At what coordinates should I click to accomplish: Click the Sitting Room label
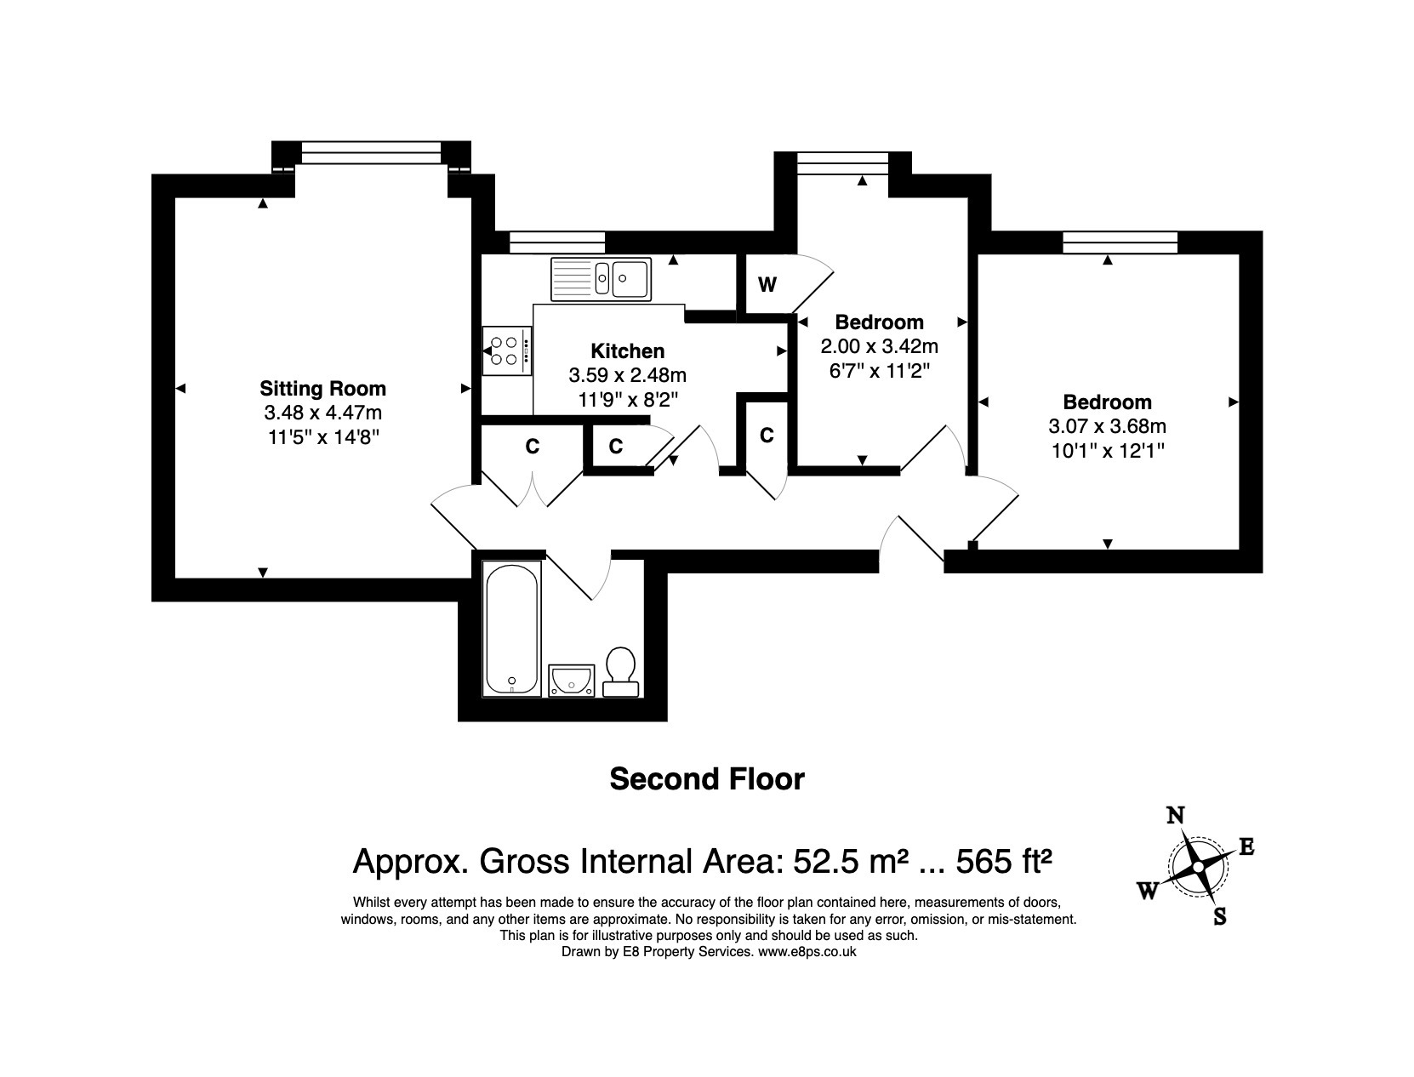(322, 389)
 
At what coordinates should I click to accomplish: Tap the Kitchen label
(627, 351)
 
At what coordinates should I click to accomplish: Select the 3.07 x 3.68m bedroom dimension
(1108, 426)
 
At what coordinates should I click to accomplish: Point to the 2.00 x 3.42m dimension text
(880, 346)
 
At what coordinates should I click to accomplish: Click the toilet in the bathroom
(621, 672)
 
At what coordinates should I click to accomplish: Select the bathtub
(512, 630)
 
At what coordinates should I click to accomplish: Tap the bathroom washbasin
(572, 681)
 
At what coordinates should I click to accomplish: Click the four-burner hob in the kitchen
(507, 351)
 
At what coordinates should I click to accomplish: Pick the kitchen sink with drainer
(601, 279)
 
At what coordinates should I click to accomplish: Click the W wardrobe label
(767, 284)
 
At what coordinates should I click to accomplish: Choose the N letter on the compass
(1176, 816)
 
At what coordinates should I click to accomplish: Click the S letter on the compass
(1219, 916)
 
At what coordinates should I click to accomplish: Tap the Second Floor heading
(707, 779)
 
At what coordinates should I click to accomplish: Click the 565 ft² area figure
(1004, 861)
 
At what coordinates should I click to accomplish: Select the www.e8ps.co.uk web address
(807, 952)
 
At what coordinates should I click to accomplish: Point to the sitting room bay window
(371, 152)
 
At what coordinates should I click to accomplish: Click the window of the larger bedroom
(1120, 242)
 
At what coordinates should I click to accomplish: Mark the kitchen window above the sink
(557, 242)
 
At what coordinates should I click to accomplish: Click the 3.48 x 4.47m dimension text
(322, 413)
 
